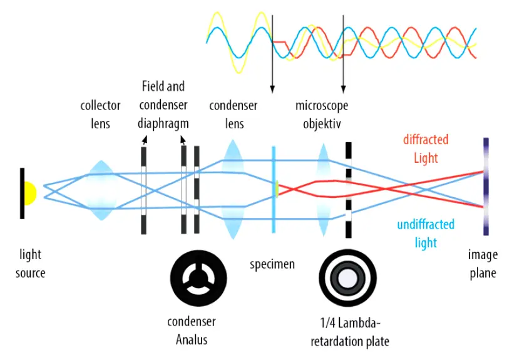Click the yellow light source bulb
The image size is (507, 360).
coord(30,193)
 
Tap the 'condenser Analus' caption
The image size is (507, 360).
coord(191,331)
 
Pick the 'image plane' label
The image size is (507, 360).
coord(483,264)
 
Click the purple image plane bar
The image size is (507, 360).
coord(486,188)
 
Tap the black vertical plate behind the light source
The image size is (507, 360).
coord(22,193)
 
